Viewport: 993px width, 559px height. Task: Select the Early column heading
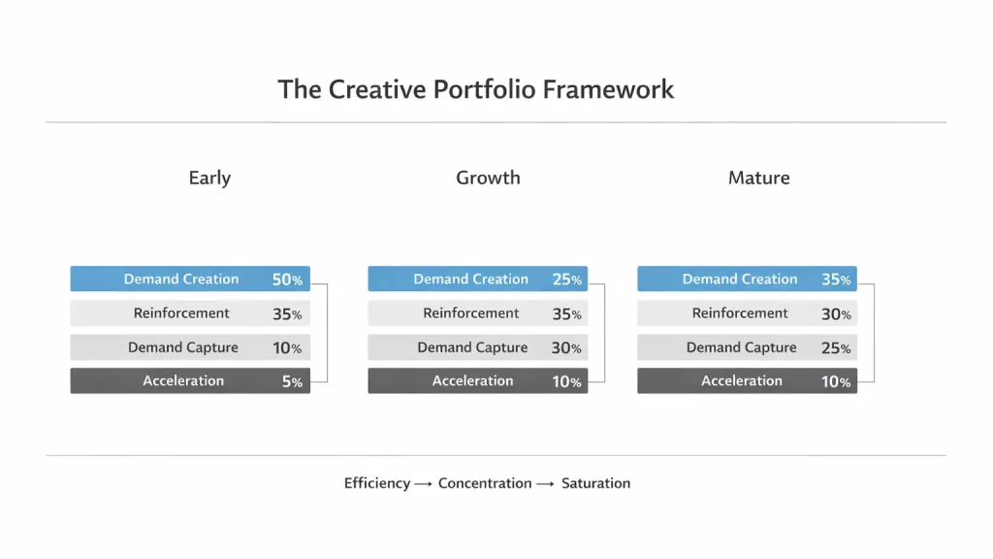click(x=209, y=178)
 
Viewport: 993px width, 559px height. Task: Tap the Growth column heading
click(x=488, y=178)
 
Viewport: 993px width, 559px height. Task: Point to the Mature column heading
click(x=758, y=178)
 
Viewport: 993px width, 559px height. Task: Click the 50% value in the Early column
click(x=287, y=279)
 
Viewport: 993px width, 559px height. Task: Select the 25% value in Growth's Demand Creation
click(x=567, y=279)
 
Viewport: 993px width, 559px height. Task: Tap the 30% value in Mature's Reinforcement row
click(x=836, y=313)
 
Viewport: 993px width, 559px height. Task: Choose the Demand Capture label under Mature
click(x=741, y=347)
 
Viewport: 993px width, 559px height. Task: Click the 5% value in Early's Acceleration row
click(x=292, y=381)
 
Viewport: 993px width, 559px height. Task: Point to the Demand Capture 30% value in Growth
click(x=567, y=347)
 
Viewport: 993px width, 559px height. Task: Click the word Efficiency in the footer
click(x=376, y=483)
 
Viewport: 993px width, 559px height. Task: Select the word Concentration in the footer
click(x=485, y=483)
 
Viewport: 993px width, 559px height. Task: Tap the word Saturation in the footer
click(x=595, y=483)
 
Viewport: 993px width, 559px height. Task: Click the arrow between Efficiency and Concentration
click(x=423, y=483)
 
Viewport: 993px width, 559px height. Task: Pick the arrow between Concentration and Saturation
click(x=546, y=483)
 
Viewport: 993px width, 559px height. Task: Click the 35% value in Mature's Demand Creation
click(x=836, y=279)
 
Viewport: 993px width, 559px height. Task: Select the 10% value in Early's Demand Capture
click(x=287, y=347)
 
